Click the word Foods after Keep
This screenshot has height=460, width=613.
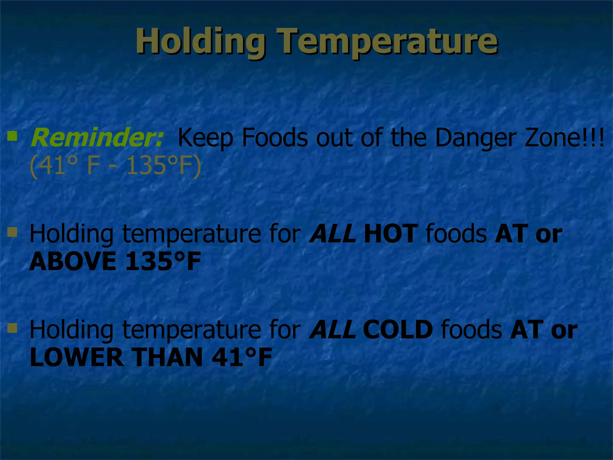[x=275, y=137]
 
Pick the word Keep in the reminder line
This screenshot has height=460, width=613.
[x=205, y=138]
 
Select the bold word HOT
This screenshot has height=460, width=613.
[x=390, y=233]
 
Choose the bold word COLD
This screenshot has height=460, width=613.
[x=398, y=329]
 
